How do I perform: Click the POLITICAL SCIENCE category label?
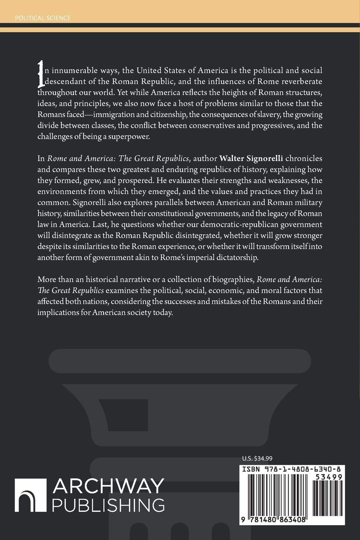(42, 18)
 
